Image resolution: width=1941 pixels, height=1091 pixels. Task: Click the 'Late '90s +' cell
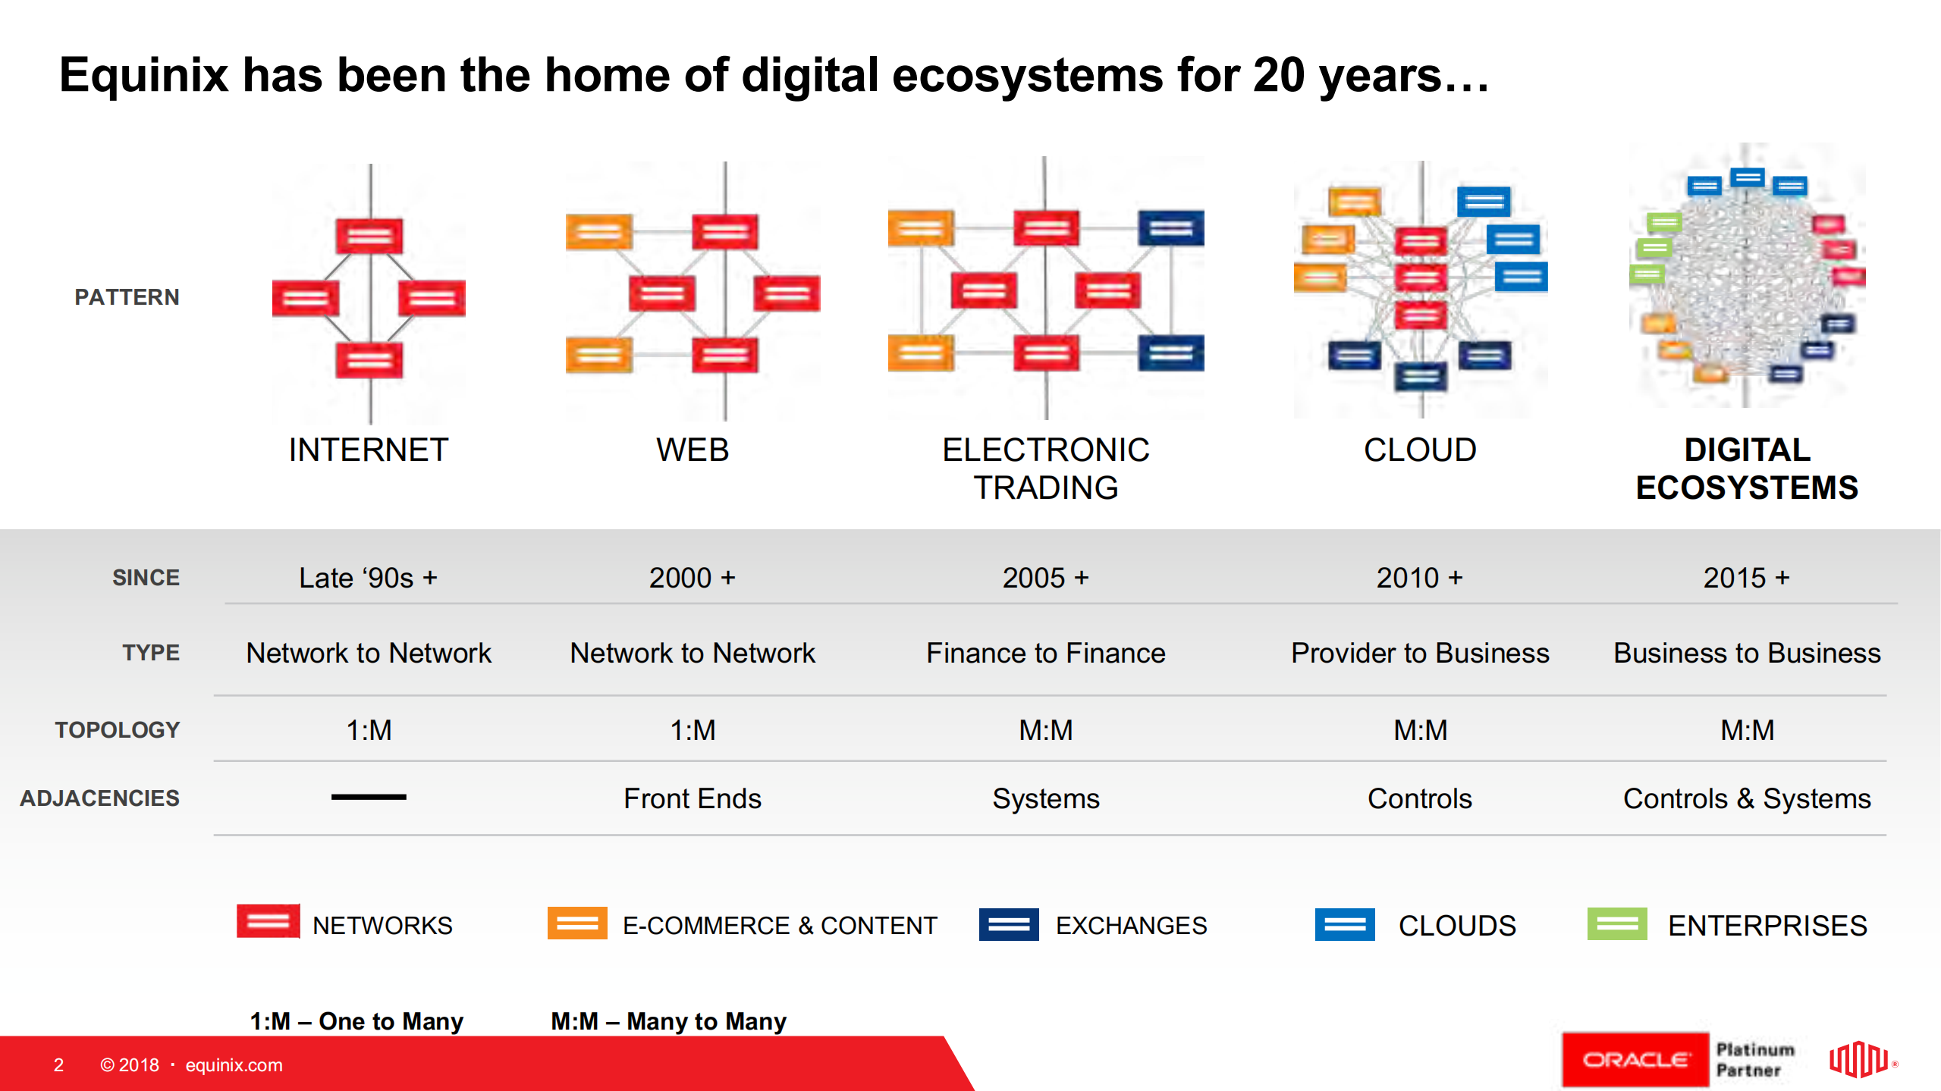click(x=368, y=578)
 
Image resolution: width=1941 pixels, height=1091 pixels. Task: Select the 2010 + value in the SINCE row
click(x=1419, y=578)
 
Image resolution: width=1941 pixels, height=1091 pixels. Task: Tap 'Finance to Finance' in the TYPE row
click(x=1045, y=653)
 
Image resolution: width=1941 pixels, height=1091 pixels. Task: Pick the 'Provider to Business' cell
click(x=1419, y=653)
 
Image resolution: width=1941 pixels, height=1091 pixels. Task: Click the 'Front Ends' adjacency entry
click(x=692, y=798)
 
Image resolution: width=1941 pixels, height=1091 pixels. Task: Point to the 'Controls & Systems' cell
click(x=1746, y=798)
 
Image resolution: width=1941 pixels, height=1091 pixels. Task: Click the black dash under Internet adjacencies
click(x=369, y=797)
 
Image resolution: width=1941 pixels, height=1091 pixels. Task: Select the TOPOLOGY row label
click(x=117, y=729)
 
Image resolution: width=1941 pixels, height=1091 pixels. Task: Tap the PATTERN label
click(x=127, y=296)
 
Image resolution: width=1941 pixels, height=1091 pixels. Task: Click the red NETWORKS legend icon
click(x=268, y=922)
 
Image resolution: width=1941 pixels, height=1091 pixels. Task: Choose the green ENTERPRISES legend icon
click(x=1616, y=923)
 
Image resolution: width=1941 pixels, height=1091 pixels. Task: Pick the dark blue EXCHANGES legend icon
click(x=1008, y=924)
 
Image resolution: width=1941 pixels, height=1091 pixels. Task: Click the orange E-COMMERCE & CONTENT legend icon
click(x=577, y=923)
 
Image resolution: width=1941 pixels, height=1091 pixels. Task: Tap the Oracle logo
click(x=1635, y=1060)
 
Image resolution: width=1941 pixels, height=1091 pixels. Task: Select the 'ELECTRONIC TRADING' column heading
click(x=1045, y=469)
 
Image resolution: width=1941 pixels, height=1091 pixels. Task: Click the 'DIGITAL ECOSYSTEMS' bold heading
click(x=1746, y=469)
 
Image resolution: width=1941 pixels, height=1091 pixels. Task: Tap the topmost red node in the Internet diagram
click(x=369, y=236)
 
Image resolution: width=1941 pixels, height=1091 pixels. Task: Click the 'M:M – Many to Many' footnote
click(x=668, y=1021)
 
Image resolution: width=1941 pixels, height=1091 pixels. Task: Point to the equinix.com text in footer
click(x=234, y=1065)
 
